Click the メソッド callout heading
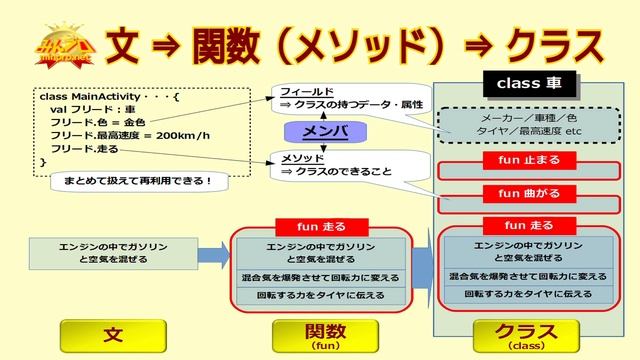[x=301, y=157]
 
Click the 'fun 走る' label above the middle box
[x=322, y=226]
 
